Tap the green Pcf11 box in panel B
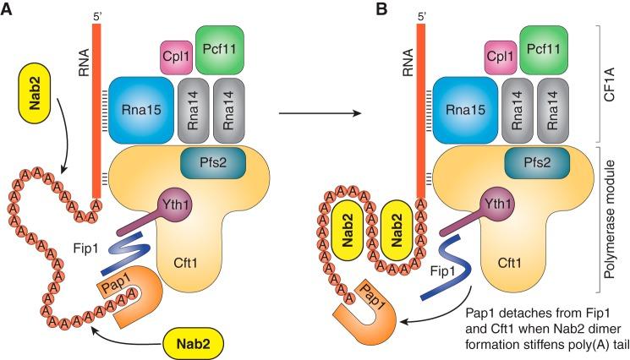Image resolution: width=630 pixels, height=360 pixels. tap(543, 47)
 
